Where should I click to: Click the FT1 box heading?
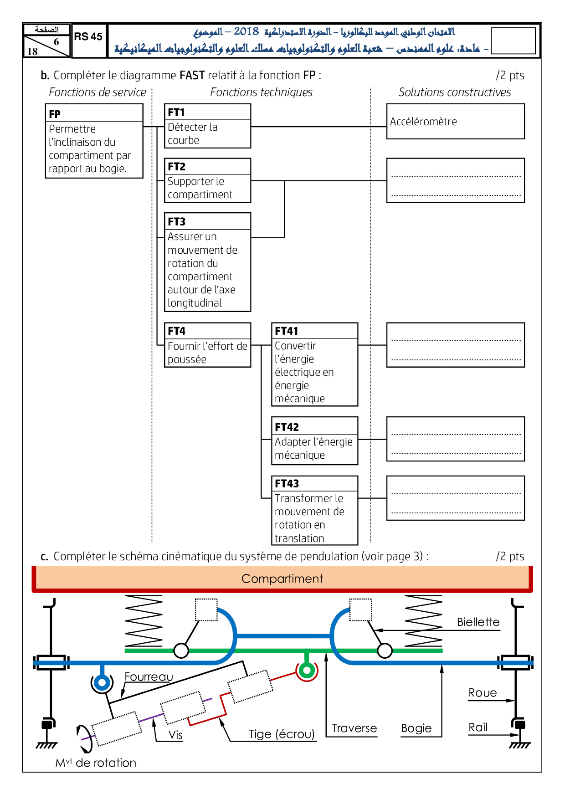(176, 113)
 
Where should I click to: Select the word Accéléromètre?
(423, 122)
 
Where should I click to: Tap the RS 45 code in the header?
(88, 37)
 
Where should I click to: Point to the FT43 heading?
(287, 484)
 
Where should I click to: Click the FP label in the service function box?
(55, 114)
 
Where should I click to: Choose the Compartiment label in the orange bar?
(282, 579)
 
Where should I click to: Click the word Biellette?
(478, 622)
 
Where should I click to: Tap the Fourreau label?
(149, 677)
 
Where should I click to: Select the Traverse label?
(354, 728)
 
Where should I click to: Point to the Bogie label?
(416, 728)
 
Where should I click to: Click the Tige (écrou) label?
(282, 734)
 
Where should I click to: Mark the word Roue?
(483, 693)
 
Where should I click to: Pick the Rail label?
(478, 727)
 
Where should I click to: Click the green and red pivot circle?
(307, 670)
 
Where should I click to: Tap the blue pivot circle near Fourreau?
(102, 683)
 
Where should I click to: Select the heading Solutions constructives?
(455, 92)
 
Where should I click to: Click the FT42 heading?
(287, 427)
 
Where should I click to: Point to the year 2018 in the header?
(246, 31)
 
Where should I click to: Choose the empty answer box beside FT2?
(455, 180)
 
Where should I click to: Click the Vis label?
(175, 735)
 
